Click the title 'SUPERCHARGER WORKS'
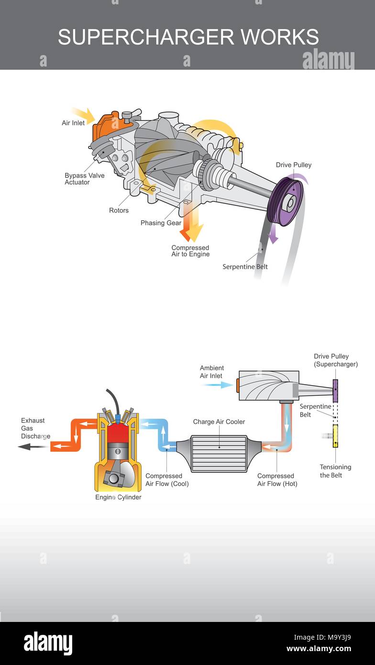pyautogui.click(x=188, y=37)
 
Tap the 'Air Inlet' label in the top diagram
pyautogui.click(x=73, y=123)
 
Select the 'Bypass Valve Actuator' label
pyautogui.click(x=84, y=179)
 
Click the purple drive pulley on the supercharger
pyautogui.click(x=286, y=201)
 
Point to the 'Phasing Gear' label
pyautogui.click(x=161, y=223)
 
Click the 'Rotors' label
pyautogui.click(x=119, y=211)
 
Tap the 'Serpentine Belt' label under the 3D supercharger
pyautogui.click(x=245, y=267)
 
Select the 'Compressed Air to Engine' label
pyautogui.click(x=190, y=251)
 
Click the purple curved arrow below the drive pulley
pyautogui.click(x=273, y=234)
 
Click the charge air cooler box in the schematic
pyautogui.click(x=219, y=453)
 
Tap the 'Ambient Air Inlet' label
pyautogui.click(x=212, y=372)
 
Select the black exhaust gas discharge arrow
pyautogui.click(x=32, y=446)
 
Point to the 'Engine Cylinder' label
pyautogui.click(x=118, y=497)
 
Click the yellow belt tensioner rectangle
pyautogui.click(x=335, y=436)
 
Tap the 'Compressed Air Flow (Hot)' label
pyautogui.click(x=277, y=480)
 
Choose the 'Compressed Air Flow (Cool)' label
pyautogui.click(x=167, y=480)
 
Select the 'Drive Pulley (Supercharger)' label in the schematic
pyautogui.click(x=335, y=360)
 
